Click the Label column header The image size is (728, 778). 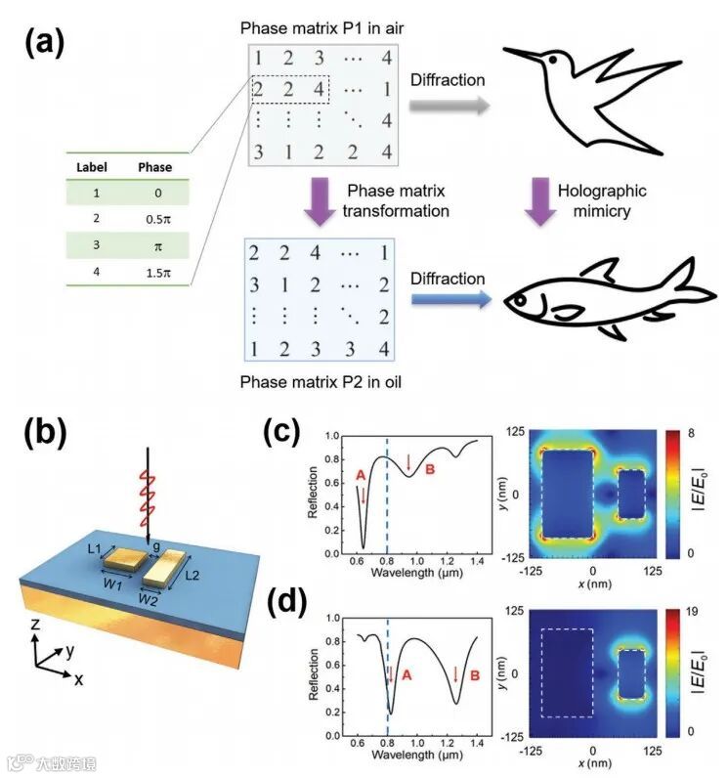(x=92, y=166)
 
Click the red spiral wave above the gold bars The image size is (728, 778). (x=148, y=496)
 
